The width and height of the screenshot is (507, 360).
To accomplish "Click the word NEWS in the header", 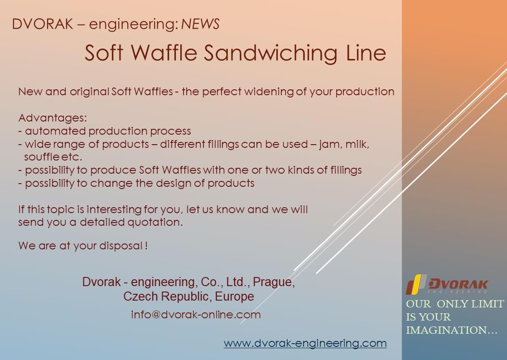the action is pos(200,24).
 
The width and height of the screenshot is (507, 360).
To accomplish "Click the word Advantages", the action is pos(53,118).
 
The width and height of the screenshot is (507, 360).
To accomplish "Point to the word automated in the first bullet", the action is pos(55,131).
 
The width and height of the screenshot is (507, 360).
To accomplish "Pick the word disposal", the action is pos(121,246).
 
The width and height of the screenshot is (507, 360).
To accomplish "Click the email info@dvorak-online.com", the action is pos(196,315).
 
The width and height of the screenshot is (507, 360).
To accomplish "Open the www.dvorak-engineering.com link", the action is pos(305,343).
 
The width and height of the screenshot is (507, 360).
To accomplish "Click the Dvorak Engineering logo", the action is pos(447,284).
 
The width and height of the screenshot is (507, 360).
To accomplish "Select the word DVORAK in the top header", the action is pos(42,24).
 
